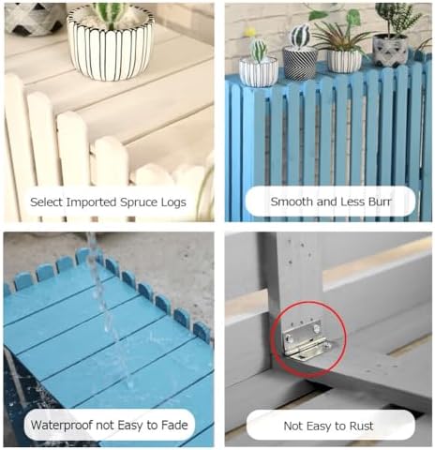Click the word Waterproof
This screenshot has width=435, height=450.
tap(64, 426)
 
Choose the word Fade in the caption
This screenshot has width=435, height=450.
tap(172, 426)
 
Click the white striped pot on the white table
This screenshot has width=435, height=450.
tap(111, 47)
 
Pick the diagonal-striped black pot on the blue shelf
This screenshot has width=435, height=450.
tap(300, 64)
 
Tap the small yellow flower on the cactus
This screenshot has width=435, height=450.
tap(251, 32)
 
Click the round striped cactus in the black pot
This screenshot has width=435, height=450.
tap(300, 37)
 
